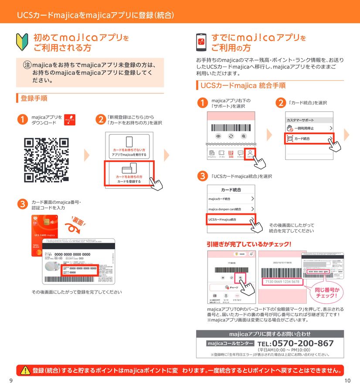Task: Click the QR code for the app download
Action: [x=46, y=160]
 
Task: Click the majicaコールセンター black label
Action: [x=230, y=344]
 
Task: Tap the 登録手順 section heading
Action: [x=34, y=98]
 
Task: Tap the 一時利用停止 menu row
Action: [x=309, y=128]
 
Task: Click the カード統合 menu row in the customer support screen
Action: [x=309, y=139]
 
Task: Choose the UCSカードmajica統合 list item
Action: [x=231, y=220]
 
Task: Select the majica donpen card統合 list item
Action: [x=231, y=209]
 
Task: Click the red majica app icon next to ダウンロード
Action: [x=70, y=119]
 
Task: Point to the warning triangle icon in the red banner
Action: [x=24, y=370]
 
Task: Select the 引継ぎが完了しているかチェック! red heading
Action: [x=249, y=244]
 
